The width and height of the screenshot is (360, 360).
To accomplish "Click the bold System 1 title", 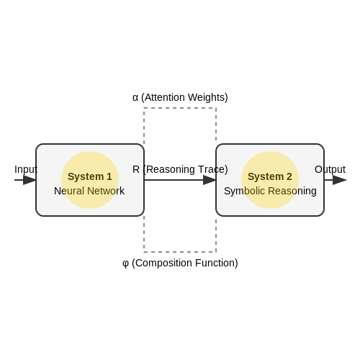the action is [90, 176].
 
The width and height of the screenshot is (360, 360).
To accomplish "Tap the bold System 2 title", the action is [270, 176].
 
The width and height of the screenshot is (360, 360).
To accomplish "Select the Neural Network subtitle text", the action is [89, 191].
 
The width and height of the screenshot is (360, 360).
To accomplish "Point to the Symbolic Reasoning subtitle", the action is [270, 192].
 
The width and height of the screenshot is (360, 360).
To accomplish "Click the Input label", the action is [26, 169].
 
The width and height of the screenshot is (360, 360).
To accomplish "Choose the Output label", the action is [330, 169].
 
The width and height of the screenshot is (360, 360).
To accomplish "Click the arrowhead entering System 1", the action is [30, 180].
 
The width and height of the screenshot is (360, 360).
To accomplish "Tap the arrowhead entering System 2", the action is [210, 180].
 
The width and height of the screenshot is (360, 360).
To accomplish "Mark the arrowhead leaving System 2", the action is [339, 180].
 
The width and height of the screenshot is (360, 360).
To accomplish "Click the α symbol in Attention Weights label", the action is [135, 98].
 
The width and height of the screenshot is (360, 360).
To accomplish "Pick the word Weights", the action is [206, 98].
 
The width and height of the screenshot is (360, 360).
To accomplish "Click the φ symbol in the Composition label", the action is [125, 264].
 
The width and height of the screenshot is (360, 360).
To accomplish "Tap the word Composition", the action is [163, 264].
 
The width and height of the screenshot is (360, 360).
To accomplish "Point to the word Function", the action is [215, 263].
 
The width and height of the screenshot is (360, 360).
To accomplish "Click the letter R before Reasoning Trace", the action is [136, 169].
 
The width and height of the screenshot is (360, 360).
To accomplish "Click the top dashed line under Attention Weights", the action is [180, 108].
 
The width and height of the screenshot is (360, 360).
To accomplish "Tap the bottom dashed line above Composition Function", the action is [180, 252].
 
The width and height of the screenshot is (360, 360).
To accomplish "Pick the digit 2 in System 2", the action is [289, 176].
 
